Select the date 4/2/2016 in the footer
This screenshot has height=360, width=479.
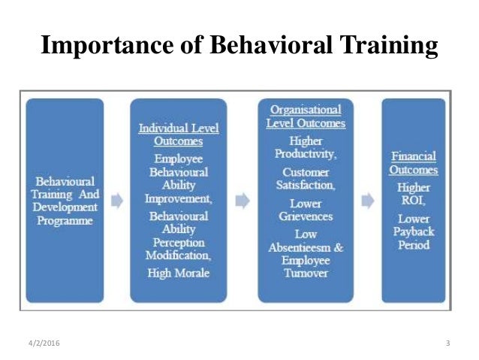[41, 343]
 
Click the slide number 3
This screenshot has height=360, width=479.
[447, 343]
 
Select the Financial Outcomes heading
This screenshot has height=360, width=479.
[415, 163]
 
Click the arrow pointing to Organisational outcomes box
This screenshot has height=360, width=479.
[243, 201]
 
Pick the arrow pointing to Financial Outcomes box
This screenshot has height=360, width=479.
[368, 201]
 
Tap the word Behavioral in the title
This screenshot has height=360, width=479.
[255, 47]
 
